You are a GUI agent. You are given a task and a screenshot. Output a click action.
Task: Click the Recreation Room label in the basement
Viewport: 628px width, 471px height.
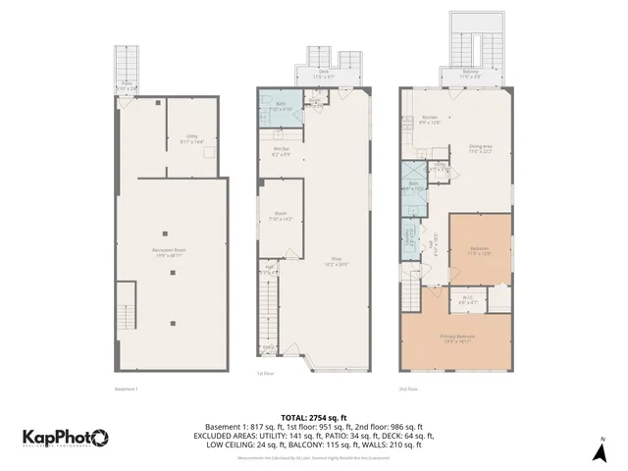tap(171, 251)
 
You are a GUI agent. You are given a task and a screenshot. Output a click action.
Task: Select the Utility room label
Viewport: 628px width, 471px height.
tap(191, 140)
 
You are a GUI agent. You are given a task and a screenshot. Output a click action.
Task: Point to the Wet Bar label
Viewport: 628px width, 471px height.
tap(280, 151)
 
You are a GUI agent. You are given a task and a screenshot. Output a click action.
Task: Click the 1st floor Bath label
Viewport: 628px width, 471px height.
tap(280, 107)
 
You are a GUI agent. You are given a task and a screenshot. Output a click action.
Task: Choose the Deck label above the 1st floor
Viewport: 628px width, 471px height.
tap(323, 73)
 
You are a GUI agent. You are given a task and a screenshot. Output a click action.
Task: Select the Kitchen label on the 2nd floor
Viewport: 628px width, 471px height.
tap(429, 120)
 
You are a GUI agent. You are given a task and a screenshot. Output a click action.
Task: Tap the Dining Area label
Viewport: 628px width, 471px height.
tap(479, 149)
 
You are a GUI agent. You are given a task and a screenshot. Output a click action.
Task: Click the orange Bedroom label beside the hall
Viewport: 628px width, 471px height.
tap(479, 250)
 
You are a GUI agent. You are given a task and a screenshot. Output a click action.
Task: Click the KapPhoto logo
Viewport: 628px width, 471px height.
tap(66, 437)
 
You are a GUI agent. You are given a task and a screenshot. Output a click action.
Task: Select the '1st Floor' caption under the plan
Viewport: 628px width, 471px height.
tap(265, 374)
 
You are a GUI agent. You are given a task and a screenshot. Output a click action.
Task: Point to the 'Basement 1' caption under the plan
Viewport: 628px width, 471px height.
tap(127, 389)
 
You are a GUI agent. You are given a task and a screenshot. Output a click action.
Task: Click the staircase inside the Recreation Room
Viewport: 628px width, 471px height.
tap(126, 308)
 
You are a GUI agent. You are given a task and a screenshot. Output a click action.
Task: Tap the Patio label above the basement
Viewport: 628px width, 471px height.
tap(127, 86)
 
